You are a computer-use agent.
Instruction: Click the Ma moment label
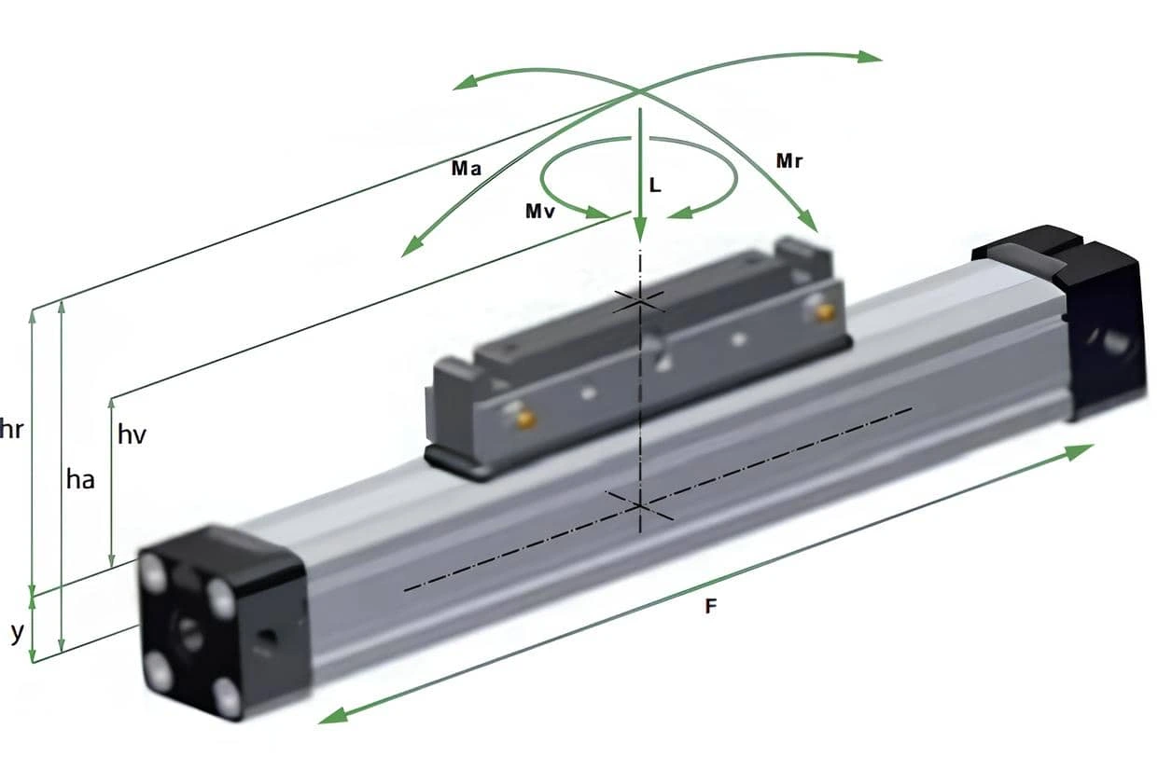[467, 169]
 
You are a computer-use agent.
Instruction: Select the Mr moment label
[789, 161]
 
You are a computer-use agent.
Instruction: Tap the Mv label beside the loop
[540, 212]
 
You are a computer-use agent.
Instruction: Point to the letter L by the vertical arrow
[655, 185]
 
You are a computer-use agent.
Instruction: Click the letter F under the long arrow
[710, 606]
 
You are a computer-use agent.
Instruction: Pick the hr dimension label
[11, 429]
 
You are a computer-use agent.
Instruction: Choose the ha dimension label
[80, 479]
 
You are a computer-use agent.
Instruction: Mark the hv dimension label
[132, 435]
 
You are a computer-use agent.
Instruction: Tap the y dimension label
[18, 634]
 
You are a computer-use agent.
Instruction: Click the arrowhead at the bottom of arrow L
[640, 229]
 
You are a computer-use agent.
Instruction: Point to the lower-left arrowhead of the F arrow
[334, 716]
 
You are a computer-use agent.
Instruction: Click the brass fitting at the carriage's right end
[825, 312]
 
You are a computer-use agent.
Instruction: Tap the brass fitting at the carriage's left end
[524, 418]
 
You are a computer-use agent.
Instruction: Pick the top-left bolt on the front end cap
[154, 570]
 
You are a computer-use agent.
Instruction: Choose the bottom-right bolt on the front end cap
[229, 697]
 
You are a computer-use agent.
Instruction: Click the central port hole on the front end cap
[189, 635]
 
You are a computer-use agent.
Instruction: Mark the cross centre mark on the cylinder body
[639, 506]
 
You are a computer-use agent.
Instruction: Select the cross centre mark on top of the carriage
[639, 302]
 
